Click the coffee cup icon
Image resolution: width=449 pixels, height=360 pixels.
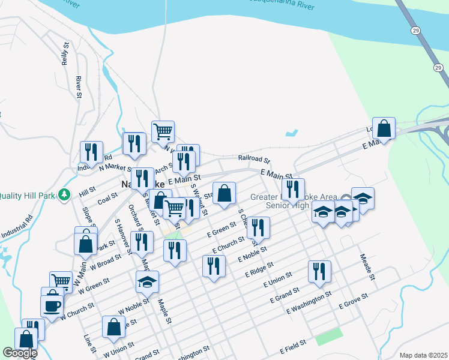point(52,305)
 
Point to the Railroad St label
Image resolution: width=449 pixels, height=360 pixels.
point(254,158)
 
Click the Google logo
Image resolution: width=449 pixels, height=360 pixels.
point(20,353)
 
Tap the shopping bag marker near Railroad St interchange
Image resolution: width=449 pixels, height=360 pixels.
point(384,128)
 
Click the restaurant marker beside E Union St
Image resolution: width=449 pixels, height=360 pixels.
point(319,271)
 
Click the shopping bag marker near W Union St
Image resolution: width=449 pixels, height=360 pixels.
point(113,327)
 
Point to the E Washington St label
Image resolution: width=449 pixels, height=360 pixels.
point(309,302)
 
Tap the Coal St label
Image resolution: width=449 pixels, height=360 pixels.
point(107,197)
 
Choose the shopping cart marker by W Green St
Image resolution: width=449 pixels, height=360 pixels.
point(61,281)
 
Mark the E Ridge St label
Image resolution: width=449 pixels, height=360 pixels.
point(259,269)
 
